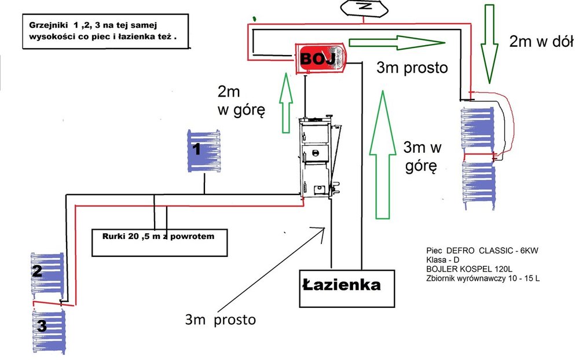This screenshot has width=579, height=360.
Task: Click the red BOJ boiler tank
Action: [321, 58]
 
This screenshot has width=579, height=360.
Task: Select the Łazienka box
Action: [347, 287]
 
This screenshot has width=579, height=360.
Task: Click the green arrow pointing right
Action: [397, 42]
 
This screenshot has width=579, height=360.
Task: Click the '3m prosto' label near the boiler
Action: [412, 67]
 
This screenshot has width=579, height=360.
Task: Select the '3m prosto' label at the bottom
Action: [220, 319]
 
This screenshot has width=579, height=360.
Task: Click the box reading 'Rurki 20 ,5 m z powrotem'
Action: [159, 243]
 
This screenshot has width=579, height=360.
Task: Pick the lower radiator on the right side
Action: [478, 184]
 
